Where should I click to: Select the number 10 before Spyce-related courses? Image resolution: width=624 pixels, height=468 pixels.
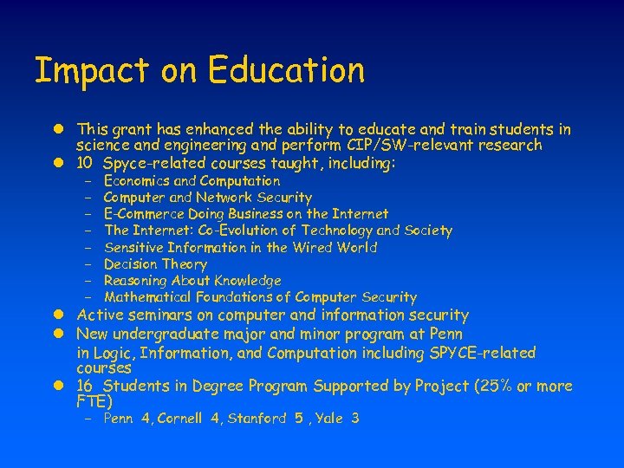pyautogui.click(x=84, y=163)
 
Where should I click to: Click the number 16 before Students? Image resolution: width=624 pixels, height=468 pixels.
pyautogui.click(x=84, y=386)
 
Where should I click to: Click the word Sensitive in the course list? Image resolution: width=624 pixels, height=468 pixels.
pyautogui.click(x=132, y=247)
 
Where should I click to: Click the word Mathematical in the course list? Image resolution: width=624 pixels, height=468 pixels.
pyautogui.click(x=142, y=297)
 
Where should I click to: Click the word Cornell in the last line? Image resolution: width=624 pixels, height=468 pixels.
pyautogui.click(x=179, y=419)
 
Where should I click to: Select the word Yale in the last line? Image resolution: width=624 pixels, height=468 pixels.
pyautogui.click(x=329, y=419)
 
